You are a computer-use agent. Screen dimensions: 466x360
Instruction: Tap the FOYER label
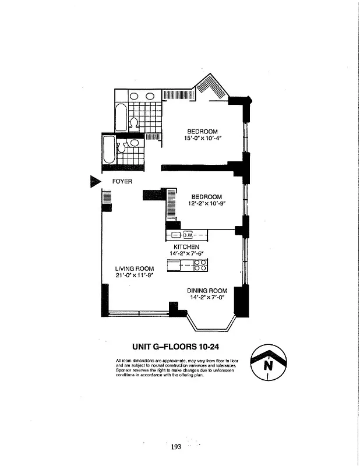pos(122,181)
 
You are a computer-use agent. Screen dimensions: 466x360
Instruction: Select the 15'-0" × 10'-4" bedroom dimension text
pos(202,138)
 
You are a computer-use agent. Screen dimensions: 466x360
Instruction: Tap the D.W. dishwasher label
pos(188,235)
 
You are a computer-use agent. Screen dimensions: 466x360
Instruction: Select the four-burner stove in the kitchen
pos(199,265)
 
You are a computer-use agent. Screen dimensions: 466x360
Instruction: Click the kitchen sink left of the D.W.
pos(176,235)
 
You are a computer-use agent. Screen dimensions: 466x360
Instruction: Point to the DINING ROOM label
pos(206,291)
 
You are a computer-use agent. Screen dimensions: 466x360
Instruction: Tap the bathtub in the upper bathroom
pos(121,116)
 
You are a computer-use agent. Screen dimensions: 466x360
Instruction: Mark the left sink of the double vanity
pos(133,96)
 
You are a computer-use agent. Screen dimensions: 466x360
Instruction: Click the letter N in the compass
pos(268,366)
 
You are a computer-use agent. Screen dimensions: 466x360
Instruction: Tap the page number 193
pos(177,447)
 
